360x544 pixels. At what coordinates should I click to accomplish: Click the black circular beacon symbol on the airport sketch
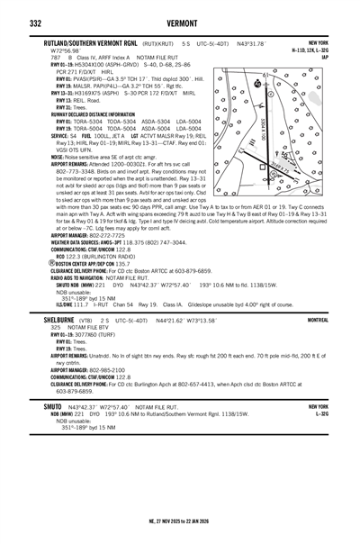pos(258,84)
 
